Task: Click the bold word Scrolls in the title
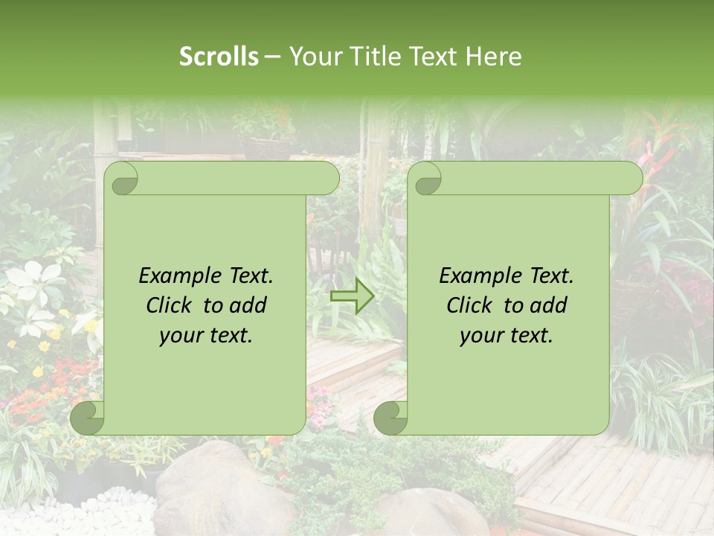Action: [x=219, y=57]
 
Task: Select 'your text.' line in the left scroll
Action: [x=206, y=335]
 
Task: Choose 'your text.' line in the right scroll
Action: [x=506, y=335]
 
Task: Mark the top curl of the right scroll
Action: [x=425, y=179]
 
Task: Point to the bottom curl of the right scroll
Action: [x=390, y=417]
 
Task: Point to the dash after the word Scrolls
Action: [x=273, y=57]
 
